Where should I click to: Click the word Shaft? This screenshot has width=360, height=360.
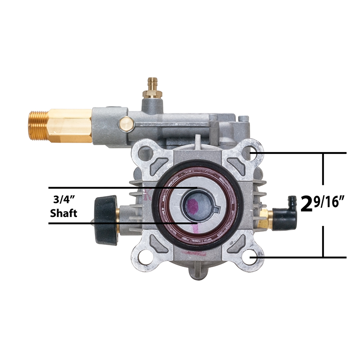coord(63,213)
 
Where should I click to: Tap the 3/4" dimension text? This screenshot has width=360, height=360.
coord(64,200)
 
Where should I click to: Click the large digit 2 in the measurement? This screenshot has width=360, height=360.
coord(306,203)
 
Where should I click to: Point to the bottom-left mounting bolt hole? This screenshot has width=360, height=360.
coord(144,258)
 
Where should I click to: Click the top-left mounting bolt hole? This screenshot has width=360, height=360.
coord(145,153)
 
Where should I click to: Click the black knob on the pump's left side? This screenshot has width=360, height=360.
coord(106,220)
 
